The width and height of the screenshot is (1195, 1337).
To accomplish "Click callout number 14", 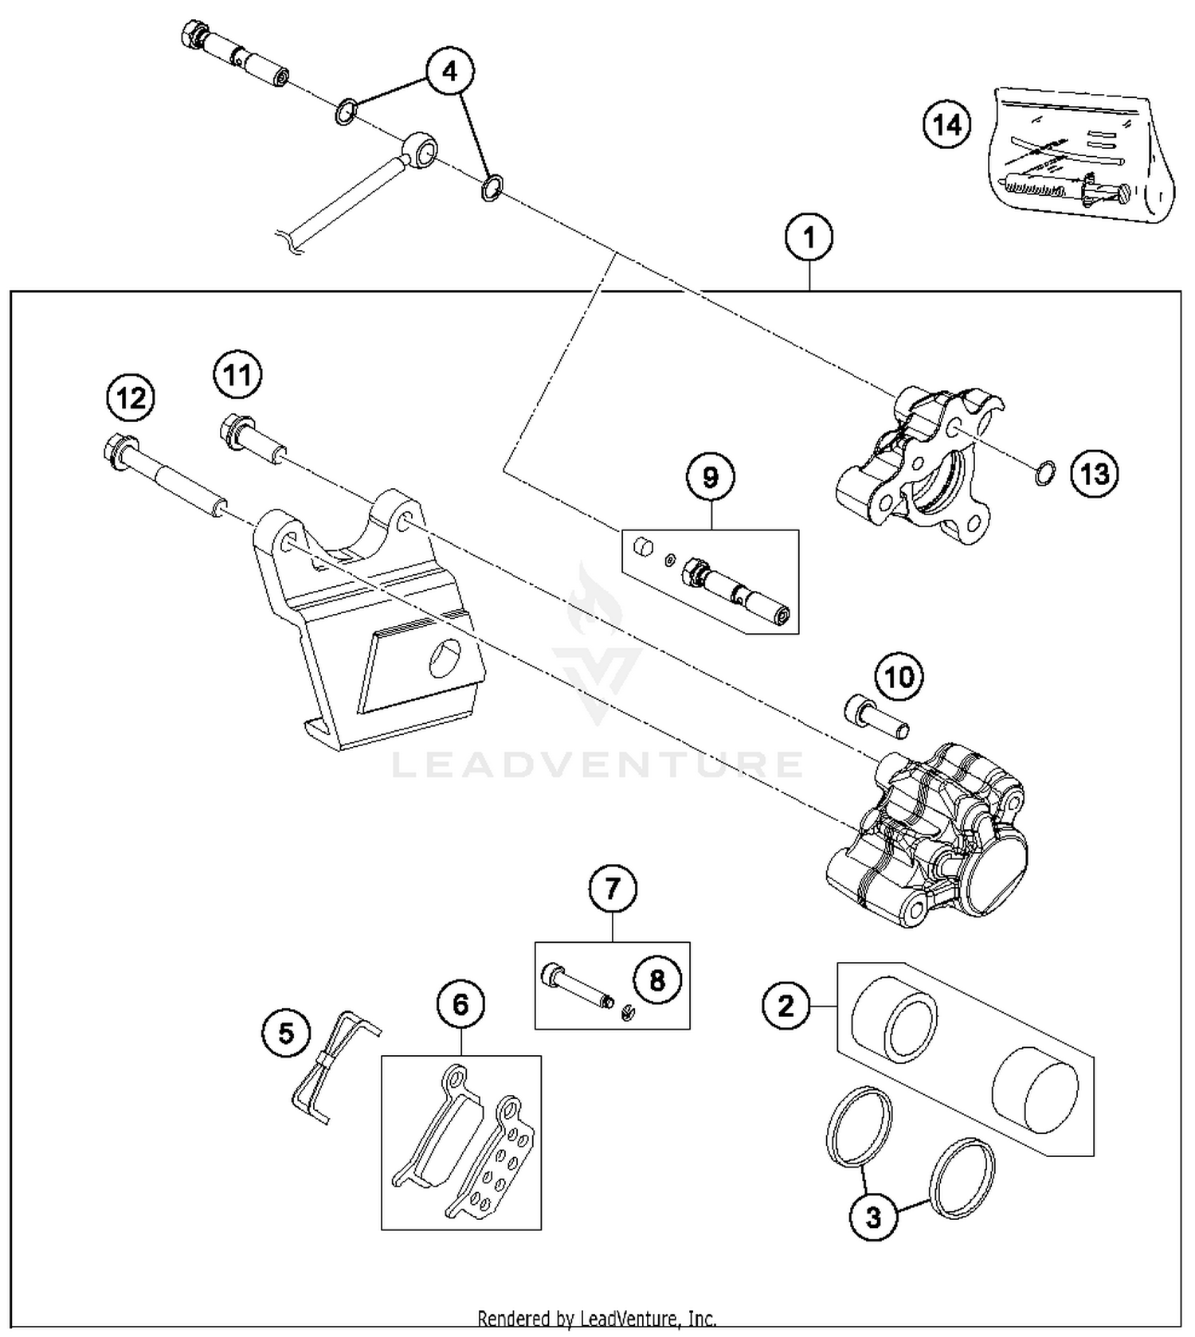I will (947, 125).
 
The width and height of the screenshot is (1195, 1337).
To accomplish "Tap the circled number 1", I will (809, 237).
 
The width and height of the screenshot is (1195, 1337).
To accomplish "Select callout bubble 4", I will (450, 72).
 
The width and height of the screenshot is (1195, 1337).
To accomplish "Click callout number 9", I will (710, 477).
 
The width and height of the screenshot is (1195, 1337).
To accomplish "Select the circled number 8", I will (656, 979).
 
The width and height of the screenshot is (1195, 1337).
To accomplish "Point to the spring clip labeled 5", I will (333, 1065).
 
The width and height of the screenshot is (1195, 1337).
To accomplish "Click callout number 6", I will (461, 1005).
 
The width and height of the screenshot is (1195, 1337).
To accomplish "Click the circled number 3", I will (873, 1217).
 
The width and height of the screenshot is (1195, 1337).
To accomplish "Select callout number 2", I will (786, 1006).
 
